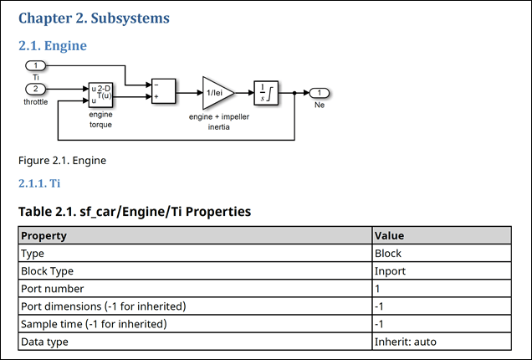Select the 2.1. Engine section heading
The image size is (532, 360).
(x=53, y=45)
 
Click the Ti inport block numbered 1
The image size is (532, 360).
(x=36, y=65)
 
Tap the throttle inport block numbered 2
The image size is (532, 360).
(x=36, y=89)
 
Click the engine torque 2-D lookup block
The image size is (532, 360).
(x=100, y=95)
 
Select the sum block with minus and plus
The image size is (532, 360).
(x=162, y=90)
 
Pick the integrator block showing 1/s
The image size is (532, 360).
(x=266, y=91)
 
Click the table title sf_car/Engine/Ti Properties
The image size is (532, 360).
(x=134, y=211)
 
